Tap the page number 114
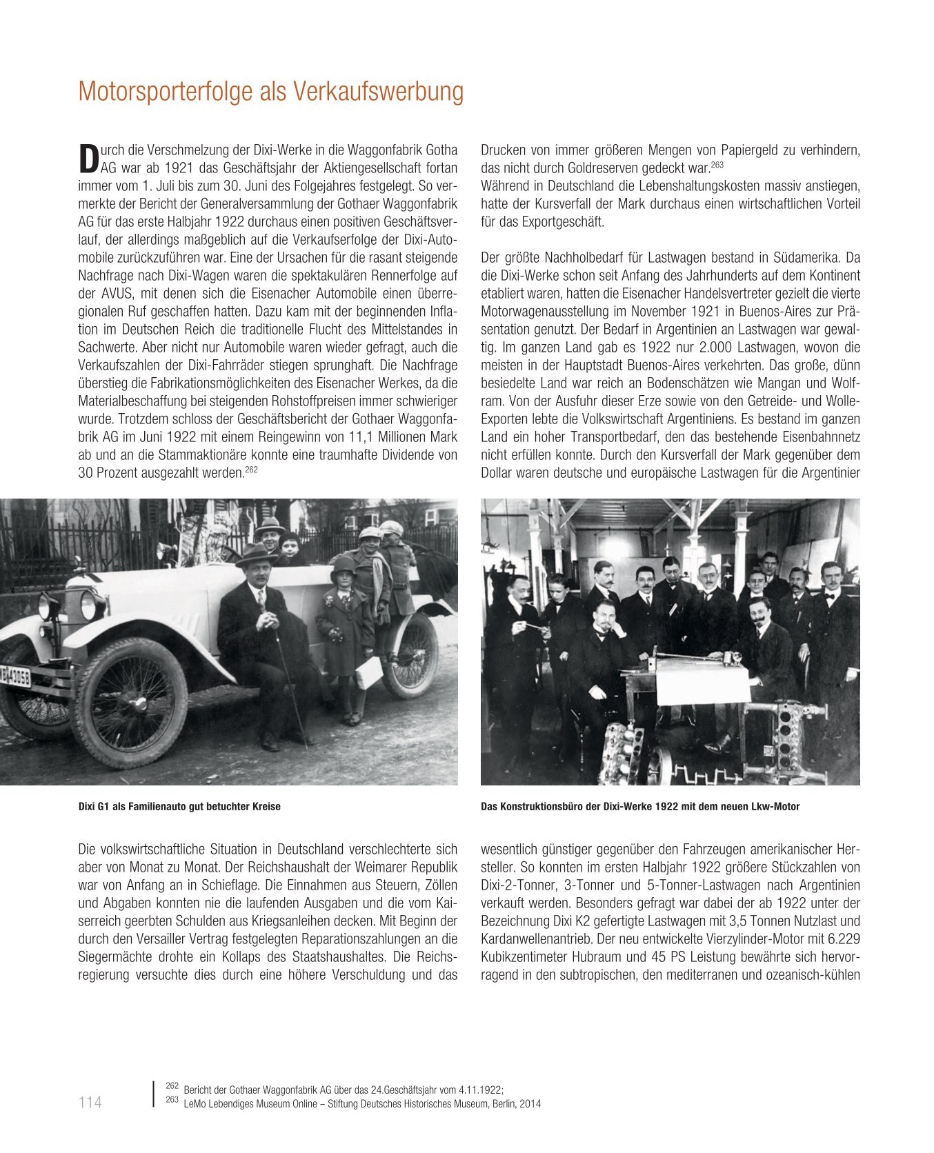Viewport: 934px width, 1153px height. pos(90,1103)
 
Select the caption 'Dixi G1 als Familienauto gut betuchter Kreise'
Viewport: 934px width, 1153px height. pos(179,806)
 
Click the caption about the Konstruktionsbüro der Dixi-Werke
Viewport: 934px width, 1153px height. pos(640,806)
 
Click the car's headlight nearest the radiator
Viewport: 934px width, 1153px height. pos(88,604)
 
